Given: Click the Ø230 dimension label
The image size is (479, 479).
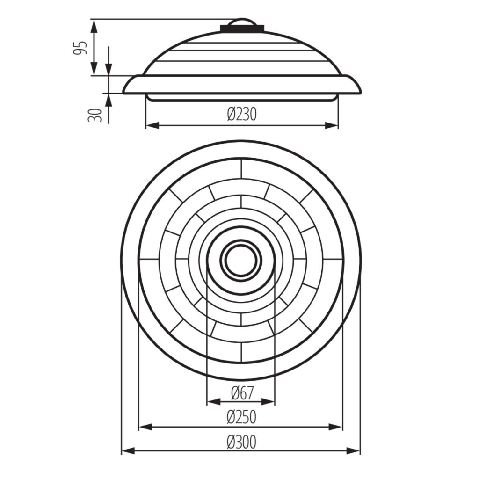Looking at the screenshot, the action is [242, 114].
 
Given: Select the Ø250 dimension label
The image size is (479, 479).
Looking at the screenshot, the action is [241, 417].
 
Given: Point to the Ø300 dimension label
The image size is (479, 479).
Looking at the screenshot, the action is [241, 442].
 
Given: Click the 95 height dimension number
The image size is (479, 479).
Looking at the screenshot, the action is [80, 48].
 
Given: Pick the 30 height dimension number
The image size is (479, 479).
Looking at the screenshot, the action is [94, 115].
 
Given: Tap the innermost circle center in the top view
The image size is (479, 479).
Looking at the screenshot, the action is [241, 260].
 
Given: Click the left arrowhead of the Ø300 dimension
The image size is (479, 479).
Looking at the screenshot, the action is [128, 450].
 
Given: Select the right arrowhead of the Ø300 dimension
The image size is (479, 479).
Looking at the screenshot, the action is [354, 450].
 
